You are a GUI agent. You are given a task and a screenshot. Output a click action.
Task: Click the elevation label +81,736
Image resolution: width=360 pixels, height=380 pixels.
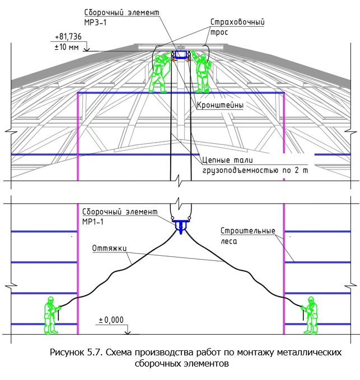(68, 36)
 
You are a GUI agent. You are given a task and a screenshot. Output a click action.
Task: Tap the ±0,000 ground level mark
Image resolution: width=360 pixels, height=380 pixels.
(111, 320)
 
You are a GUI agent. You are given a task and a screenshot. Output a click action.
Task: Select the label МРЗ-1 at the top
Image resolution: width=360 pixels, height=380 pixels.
(95, 22)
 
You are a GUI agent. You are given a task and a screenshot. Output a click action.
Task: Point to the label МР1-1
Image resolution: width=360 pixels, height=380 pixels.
(93, 222)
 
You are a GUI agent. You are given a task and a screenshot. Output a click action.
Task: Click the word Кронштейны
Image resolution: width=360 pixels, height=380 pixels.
(220, 105)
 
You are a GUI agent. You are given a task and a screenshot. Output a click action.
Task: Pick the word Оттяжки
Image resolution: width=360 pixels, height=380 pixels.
(109, 248)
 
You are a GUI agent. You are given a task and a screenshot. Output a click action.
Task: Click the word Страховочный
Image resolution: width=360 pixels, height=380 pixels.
(237, 22)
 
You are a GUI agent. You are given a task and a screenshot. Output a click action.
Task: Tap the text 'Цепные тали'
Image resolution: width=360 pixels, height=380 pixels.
(227, 160)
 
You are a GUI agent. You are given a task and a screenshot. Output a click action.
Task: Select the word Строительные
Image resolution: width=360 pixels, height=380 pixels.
(248, 231)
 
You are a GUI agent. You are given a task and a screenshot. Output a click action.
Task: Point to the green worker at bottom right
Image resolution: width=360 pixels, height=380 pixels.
(310, 315)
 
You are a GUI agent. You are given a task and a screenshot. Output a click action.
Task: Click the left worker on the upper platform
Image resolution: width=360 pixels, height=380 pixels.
(159, 73)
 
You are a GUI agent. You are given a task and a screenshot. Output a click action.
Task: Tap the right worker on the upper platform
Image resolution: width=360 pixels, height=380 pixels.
(202, 72)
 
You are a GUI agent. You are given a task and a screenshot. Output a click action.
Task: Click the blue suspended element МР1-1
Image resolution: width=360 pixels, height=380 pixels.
(181, 226)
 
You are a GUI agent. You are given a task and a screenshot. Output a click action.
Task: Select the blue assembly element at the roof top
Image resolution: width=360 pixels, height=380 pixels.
(181, 55)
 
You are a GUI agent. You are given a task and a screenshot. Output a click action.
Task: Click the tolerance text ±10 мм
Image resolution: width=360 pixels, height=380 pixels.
(67, 47)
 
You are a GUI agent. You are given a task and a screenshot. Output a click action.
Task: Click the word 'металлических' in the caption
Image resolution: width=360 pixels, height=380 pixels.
(309, 352)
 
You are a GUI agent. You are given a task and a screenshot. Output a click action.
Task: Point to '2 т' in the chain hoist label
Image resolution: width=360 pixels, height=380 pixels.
(301, 170)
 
